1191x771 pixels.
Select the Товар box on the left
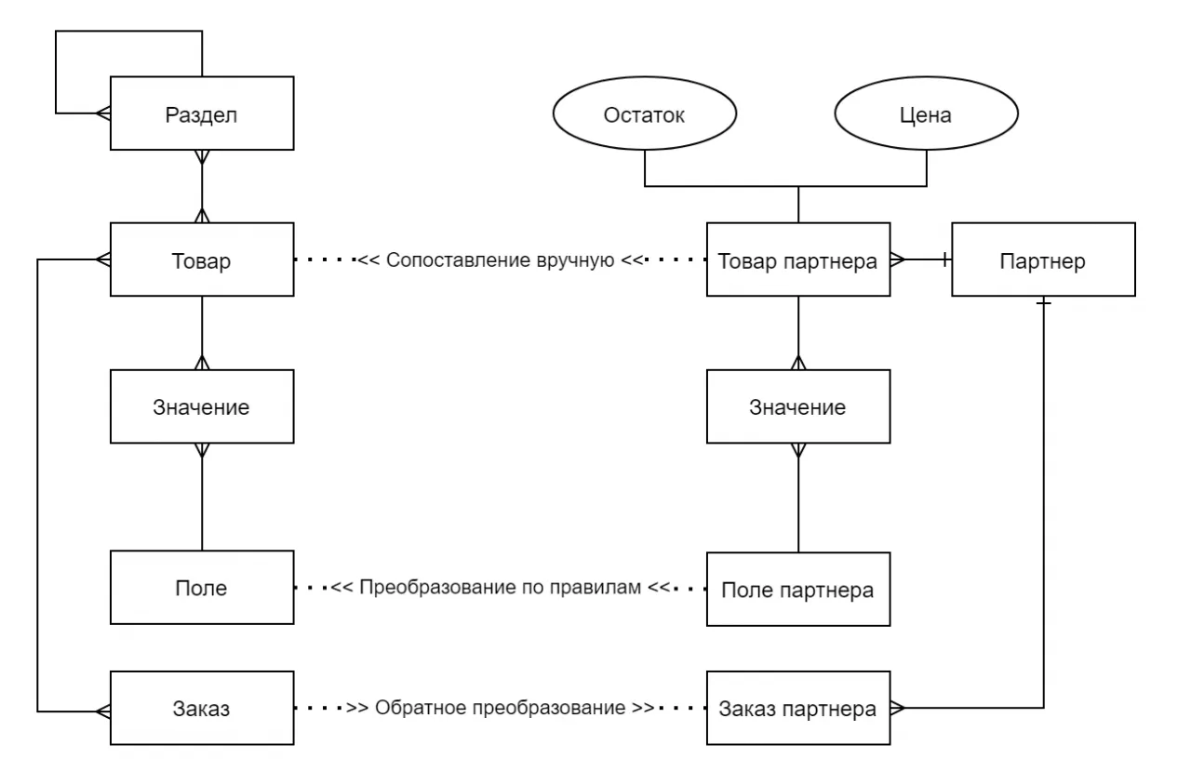pos(202,261)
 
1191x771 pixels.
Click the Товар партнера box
pos(797,261)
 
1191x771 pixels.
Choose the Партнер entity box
pos(1042,261)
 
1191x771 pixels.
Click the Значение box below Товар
pos(202,407)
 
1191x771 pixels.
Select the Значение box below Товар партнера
pos(797,407)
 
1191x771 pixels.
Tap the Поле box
pos(202,588)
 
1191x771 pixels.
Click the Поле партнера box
pos(797,590)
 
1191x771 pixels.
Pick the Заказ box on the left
pos(202,708)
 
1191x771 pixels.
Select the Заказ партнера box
pos(797,709)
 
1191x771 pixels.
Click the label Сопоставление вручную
pos(501,261)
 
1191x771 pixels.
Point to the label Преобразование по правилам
pos(501,588)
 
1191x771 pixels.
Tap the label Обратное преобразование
pos(501,708)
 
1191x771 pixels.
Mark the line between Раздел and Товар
pos(202,186)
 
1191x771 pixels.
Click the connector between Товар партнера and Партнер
pos(921,261)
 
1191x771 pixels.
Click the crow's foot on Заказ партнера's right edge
pos(897,709)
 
